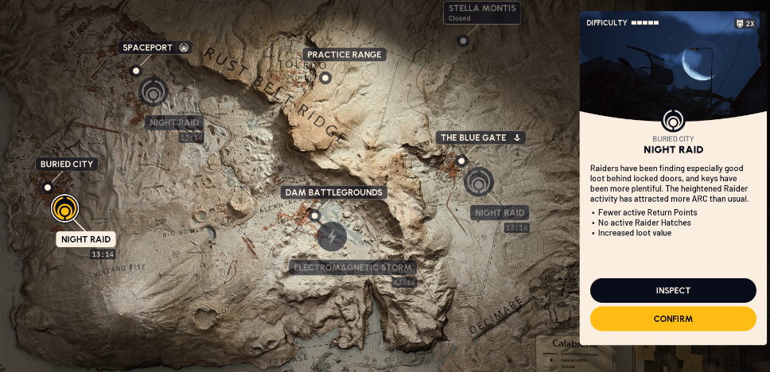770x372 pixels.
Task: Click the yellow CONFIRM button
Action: point(673,319)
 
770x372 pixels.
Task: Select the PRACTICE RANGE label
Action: point(344,55)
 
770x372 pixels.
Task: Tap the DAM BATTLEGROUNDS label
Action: point(334,192)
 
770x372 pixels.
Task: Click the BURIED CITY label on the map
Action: point(67,165)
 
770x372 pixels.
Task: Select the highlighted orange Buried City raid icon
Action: point(64,208)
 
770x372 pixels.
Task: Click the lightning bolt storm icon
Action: point(332,236)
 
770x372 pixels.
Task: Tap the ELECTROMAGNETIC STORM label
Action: point(352,267)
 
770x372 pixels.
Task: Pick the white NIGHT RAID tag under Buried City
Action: point(86,239)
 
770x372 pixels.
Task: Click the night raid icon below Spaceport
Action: point(154,91)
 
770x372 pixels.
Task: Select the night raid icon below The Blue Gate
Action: point(479,182)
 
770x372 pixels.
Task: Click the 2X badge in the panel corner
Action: point(745,24)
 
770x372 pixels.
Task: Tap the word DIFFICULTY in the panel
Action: point(607,23)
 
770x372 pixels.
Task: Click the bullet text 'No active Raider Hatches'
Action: point(644,223)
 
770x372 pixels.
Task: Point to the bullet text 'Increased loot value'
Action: point(635,233)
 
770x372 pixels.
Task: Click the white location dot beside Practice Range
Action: point(325,78)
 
